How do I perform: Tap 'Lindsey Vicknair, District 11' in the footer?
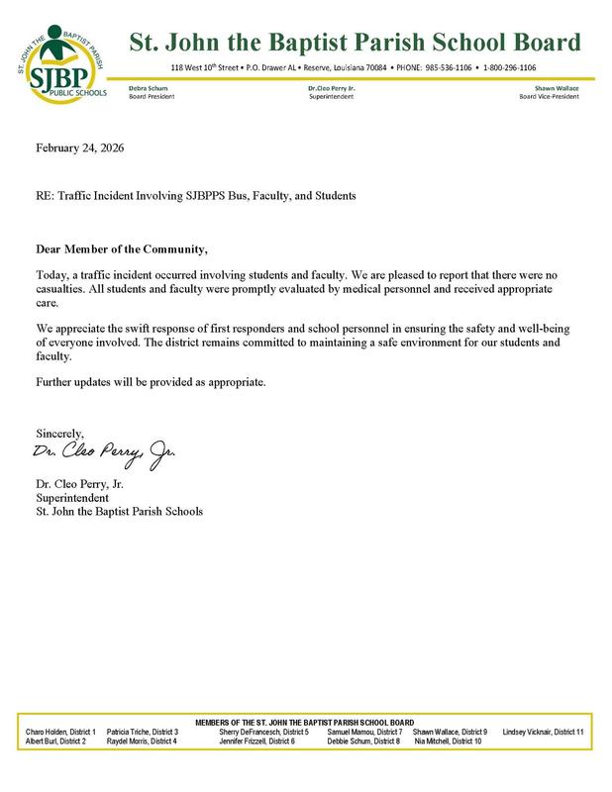pos(544,731)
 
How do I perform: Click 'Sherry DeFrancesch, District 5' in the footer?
pos(263,731)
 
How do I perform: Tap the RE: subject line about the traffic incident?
pos(195,196)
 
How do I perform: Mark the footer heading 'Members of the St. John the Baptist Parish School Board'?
pos(306,722)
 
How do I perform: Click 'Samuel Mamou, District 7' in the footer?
pos(364,731)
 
